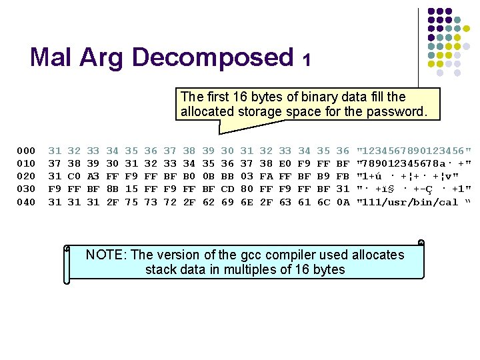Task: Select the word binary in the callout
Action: (306, 97)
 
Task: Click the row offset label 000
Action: (27, 151)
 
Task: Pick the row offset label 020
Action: (27, 177)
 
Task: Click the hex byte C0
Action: (74, 177)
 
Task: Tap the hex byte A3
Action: (93, 177)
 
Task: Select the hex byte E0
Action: (285, 164)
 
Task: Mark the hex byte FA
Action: (266, 177)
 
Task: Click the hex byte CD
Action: (227, 189)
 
